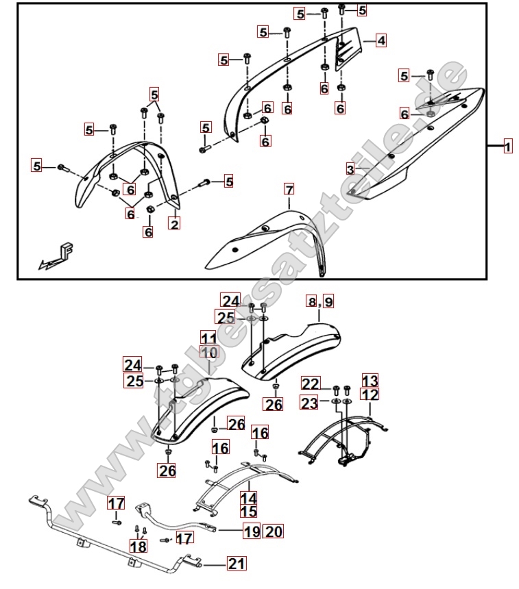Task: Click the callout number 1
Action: coord(507,147)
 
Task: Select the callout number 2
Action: coord(175,223)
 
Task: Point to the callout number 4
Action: coord(381,40)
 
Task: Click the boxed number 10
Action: coord(208,353)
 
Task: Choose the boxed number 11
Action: coord(208,338)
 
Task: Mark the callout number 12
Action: coord(370,394)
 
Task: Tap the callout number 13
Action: coord(370,381)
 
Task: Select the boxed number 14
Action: coord(248,499)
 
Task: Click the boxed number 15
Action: coord(248,512)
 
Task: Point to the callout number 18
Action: coord(138,546)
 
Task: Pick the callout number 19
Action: coord(252,531)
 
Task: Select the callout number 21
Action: coord(236,564)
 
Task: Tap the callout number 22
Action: coord(311,384)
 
